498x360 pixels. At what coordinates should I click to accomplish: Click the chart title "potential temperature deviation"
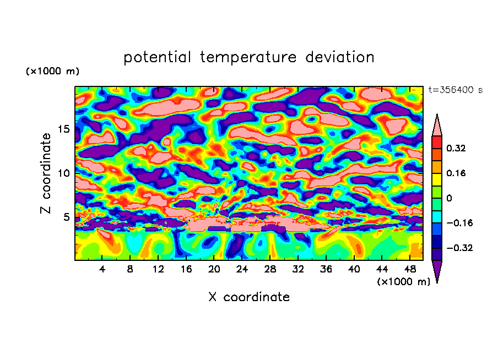coord(249,57)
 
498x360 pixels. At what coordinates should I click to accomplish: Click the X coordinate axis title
coord(249,297)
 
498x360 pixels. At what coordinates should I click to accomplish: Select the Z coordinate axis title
coord(46,173)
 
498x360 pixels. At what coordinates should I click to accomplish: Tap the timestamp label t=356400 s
coord(456,90)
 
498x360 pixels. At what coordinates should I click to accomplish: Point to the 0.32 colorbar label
coord(457,148)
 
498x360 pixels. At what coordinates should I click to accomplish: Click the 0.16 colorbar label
coord(457,173)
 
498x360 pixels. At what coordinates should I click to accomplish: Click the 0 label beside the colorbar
coord(449,198)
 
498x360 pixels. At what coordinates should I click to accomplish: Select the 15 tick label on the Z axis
coord(65,129)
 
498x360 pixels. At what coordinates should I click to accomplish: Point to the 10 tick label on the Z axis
coord(65,173)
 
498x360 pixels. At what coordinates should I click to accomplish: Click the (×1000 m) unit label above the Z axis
coord(52,72)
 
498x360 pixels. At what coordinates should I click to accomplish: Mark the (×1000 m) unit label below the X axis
coord(404,282)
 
